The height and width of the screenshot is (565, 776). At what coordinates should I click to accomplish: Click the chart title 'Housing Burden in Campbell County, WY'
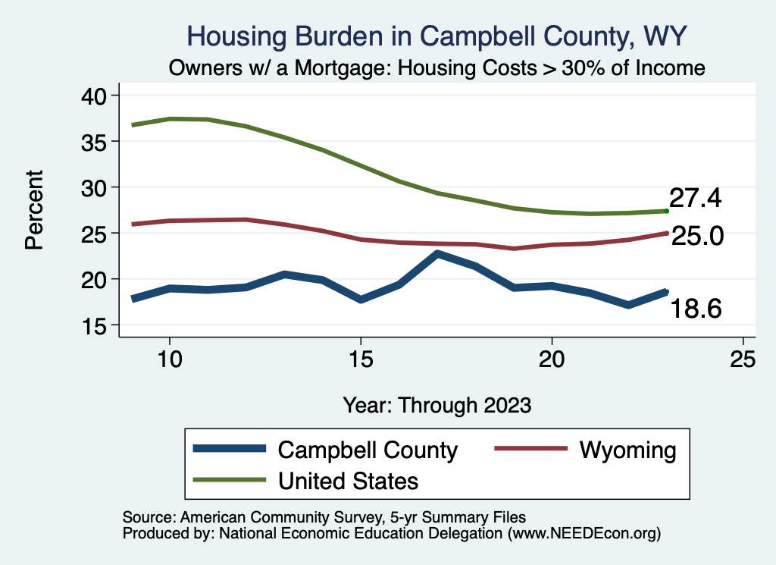point(437,36)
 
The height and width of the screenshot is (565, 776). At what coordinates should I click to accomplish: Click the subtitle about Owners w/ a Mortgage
point(437,68)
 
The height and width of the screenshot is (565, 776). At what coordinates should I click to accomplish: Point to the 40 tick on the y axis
point(98,96)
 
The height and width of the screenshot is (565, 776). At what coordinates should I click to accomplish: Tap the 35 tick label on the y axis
point(98,142)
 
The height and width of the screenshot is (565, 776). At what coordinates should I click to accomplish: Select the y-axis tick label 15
point(98,325)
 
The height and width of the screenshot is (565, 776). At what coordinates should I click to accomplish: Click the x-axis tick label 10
point(170,359)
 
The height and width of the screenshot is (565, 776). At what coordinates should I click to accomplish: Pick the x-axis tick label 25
point(743,359)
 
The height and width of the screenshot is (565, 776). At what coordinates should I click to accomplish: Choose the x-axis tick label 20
point(552,359)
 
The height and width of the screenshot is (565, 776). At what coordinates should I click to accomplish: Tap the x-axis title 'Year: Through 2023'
point(437,404)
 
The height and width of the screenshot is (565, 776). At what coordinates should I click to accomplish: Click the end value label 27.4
point(695,199)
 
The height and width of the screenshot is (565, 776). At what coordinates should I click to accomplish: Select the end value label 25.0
point(698,237)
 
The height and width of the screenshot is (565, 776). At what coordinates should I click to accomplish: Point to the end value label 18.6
point(695,309)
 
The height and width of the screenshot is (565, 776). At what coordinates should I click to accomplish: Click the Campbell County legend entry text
point(368,450)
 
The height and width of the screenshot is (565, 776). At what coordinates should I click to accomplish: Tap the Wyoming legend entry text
point(627,450)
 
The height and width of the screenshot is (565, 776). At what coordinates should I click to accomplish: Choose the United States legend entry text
point(349,480)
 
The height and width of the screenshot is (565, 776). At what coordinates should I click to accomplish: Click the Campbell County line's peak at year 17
point(437,254)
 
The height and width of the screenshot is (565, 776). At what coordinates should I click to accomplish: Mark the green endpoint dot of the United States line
point(666,211)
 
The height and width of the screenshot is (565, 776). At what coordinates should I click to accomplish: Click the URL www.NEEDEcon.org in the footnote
point(584,533)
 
